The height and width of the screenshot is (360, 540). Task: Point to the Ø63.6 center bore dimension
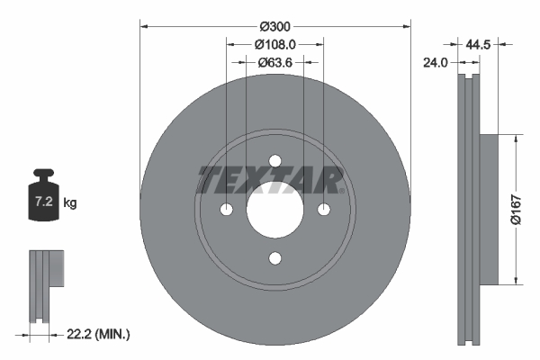(x=274, y=63)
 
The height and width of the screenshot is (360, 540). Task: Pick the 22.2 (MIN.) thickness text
(x=98, y=334)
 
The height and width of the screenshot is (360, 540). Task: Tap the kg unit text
(x=70, y=203)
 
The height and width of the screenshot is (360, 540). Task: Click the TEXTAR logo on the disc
(x=271, y=180)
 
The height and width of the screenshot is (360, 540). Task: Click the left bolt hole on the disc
(x=226, y=211)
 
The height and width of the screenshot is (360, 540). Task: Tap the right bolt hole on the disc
(x=323, y=211)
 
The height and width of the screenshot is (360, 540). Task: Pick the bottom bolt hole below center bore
(x=274, y=259)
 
